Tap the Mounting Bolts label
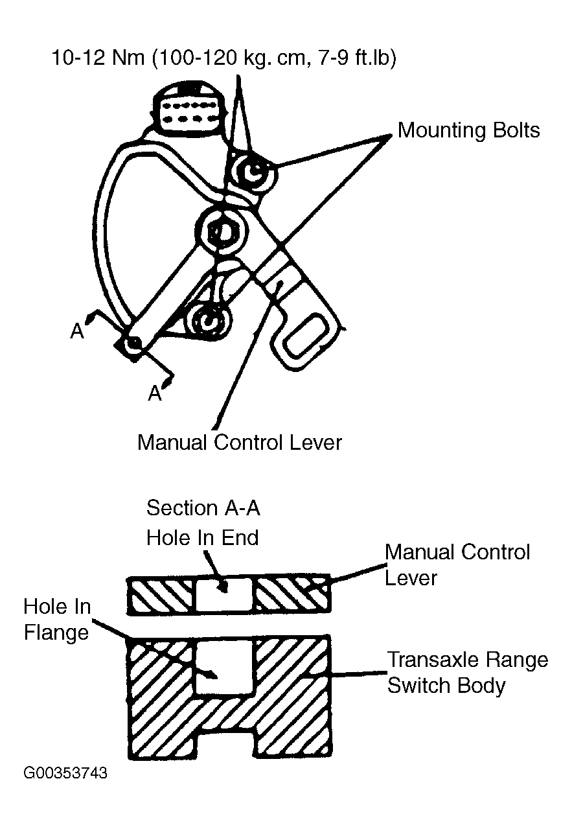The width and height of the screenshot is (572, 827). tap(468, 130)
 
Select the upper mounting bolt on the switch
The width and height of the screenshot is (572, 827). tap(254, 171)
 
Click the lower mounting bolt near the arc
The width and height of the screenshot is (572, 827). tap(209, 320)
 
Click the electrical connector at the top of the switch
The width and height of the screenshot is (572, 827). tap(189, 107)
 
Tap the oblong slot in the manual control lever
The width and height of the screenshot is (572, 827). tap(306, 336)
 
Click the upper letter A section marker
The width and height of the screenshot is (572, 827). tap(78, 331)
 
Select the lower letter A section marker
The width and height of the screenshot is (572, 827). tap(155, 393)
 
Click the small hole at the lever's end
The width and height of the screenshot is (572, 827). tap(133, 343)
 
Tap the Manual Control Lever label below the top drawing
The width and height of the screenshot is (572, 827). tap(240, 442)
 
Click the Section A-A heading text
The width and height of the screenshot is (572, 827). tap(203, 508)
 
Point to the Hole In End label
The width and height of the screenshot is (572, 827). tap(203, 537)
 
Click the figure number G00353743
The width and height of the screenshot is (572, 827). tap(65, 773)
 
